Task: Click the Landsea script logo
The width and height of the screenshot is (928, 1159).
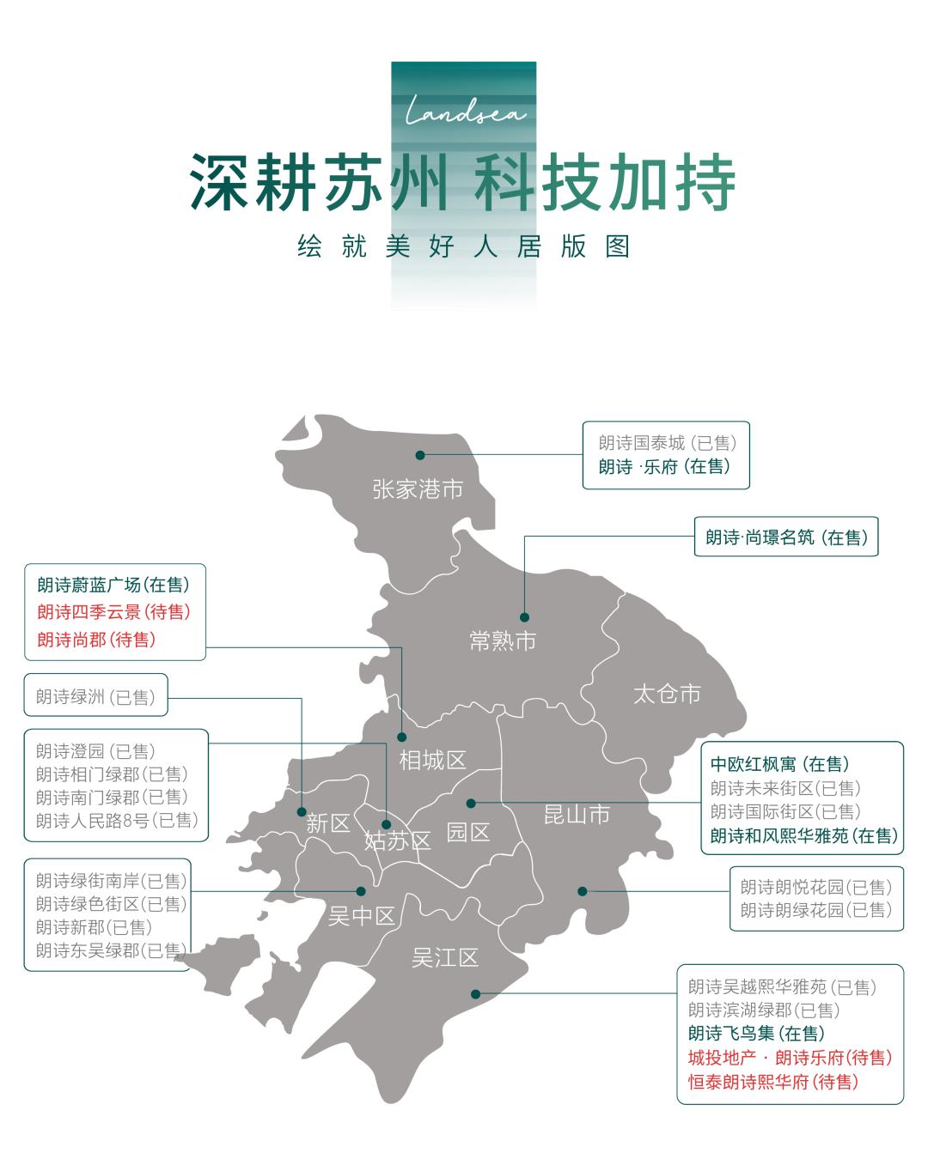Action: coord(465,112)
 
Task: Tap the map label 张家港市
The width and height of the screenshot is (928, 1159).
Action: coord(418,489)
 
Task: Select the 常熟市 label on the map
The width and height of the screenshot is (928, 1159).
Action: coord(503,640)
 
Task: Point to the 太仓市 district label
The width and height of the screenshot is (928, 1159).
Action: coord(667,694)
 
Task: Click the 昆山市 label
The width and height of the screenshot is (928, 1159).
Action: coord(577,814)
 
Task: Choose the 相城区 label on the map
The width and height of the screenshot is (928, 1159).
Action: coord(432,760)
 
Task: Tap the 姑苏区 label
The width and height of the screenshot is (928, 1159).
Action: coord(397,840)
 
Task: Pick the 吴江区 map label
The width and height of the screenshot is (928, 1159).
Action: coord(444,957)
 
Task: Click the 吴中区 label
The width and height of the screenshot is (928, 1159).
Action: coord(361,916)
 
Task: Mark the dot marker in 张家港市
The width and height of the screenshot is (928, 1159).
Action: coord(420,455)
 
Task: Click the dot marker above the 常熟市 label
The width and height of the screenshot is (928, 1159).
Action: coord(524,616)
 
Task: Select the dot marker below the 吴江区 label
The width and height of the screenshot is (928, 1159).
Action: coord(475,994)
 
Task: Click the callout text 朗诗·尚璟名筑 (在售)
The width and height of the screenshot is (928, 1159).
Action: coord(786,537)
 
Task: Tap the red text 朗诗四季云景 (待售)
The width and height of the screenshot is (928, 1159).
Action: coord(113,612)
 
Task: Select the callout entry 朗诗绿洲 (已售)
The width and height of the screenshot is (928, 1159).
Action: coord(95,696)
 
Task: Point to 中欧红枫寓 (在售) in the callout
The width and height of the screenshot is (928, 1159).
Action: coord(779,764)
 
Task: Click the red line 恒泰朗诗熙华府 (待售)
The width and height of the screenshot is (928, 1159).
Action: coord(773,1082)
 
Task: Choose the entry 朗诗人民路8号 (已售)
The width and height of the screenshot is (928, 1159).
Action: coord(117,821)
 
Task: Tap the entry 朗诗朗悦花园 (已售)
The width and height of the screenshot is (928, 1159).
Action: coord(816,887)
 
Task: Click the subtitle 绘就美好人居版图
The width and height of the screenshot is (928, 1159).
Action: coord(464,246)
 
